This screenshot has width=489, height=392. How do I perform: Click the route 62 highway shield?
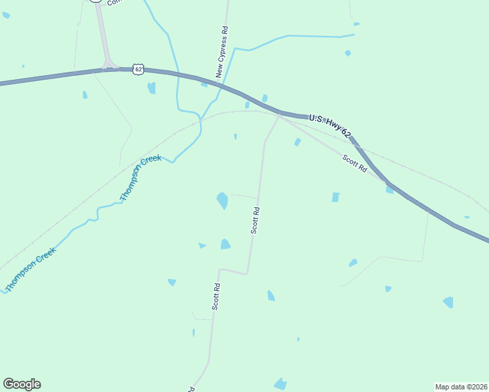click(137, 69)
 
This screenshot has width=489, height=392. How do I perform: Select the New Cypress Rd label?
click(222, 52)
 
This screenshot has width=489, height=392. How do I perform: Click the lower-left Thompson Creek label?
click(30, 269)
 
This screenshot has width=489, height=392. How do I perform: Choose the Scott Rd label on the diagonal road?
click(355, 163)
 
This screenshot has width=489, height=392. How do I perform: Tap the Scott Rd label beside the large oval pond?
click(256, 220)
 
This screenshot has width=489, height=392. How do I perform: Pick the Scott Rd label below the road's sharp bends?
click(215, 296)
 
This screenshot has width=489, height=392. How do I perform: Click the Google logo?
click(22, 384)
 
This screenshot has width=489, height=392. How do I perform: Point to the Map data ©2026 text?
click(461, 387)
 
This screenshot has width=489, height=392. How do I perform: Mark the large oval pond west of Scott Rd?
click(222, 200)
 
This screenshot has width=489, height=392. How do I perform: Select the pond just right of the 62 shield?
click(152, 88)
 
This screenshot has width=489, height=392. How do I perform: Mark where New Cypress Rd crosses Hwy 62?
click(220, 86)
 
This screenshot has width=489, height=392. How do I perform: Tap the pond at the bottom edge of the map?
click(280, 384)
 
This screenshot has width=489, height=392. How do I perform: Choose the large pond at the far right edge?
click(448, 302)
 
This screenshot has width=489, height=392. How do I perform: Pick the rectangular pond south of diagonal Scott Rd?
click(335, 197)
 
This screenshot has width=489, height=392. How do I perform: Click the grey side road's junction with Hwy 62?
click(109, 66)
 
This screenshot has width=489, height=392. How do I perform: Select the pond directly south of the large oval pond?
click(225, 244)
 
